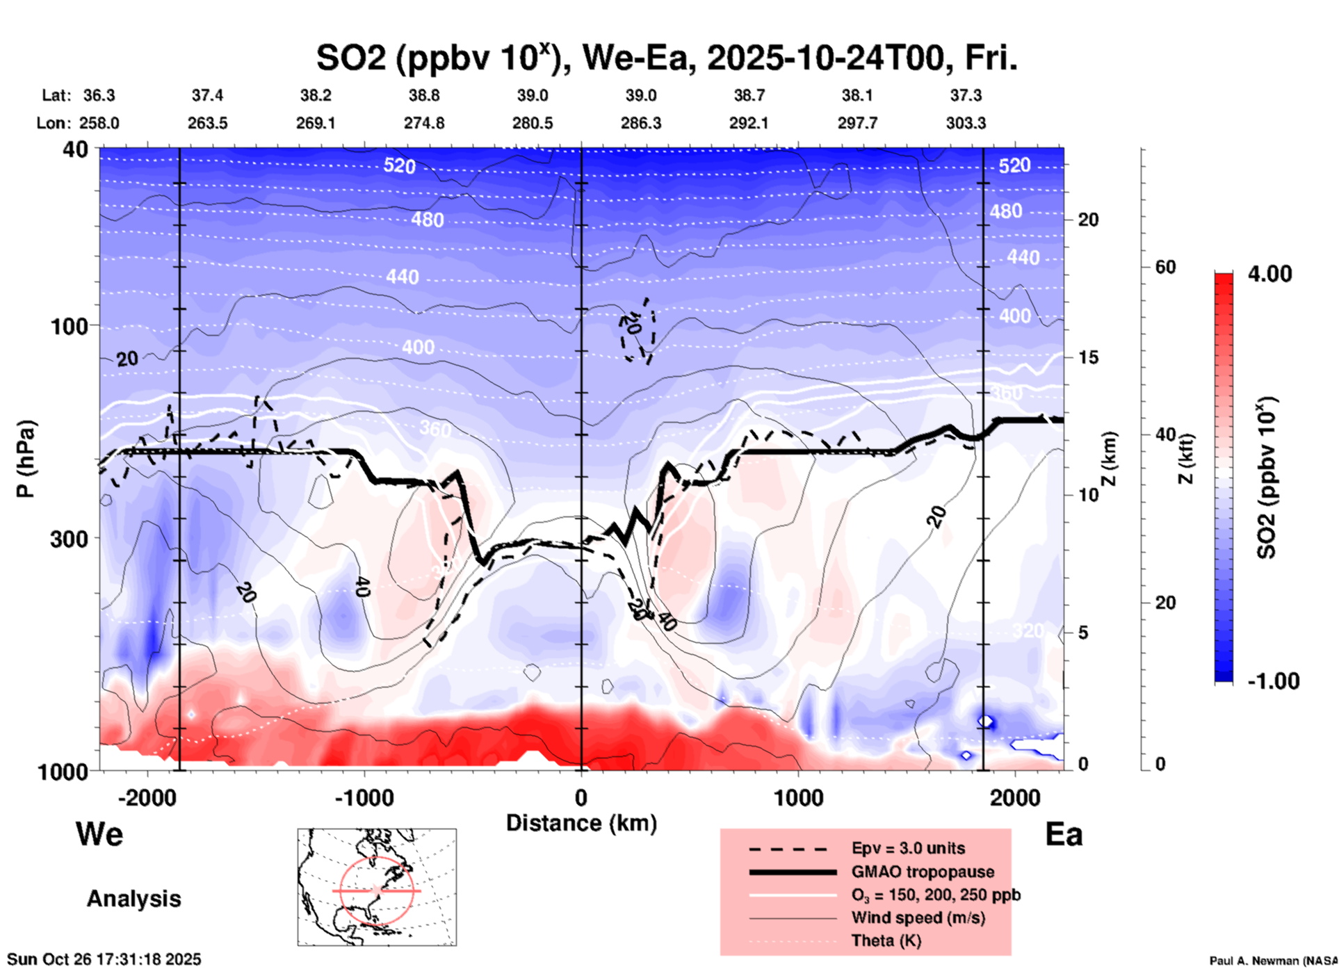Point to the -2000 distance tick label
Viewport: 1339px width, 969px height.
[x=147, y=798]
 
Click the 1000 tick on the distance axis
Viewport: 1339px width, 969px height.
[x=798, y=798]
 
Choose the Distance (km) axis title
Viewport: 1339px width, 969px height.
[x=581, y=823]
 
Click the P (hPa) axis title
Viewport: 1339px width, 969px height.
[x=26, y=459]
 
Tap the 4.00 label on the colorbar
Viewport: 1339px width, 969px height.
[x=1269, y=274]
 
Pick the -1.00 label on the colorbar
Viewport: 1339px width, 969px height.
[x=1273, y=681]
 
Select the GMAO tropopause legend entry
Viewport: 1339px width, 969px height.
[x=923, y=872]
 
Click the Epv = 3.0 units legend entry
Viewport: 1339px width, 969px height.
[x=908, y=849]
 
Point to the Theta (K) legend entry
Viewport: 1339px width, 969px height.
[x=886, y=941]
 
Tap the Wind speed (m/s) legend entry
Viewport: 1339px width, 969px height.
[x=918, y=918]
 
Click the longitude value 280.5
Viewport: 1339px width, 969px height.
[x=533, y=124]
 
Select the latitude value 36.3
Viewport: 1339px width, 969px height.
[x=99, y=95]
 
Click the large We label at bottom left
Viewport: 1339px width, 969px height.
[x=99, y=834]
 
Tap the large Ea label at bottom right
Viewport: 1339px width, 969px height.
[x=1064, y=835]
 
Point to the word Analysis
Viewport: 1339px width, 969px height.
[x=133, y=899]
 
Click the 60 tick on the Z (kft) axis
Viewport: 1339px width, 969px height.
[x=1165, y=267]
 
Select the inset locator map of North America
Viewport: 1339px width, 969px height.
[x=377, y=887]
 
